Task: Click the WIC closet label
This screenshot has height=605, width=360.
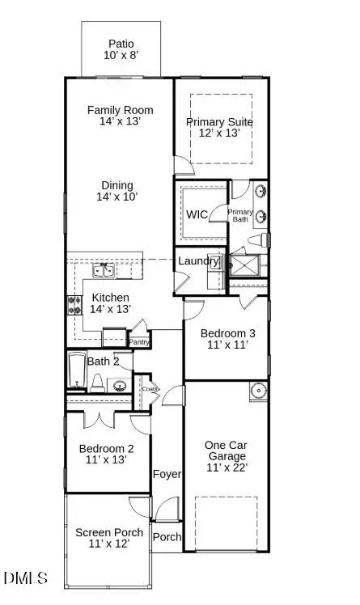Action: (197, 215)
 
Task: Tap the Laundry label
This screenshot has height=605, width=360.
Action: (197, 261)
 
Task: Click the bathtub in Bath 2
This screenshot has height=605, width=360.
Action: (77, 371)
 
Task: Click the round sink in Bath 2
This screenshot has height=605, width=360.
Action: (119, 386)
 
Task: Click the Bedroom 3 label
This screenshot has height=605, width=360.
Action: (222, 338)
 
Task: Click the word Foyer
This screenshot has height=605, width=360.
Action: (167, 474)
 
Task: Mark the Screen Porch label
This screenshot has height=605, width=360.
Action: (109, 538)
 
